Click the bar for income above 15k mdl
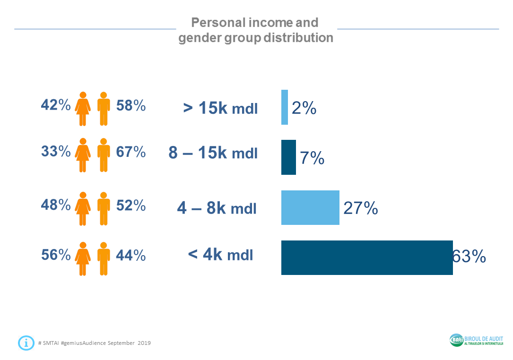(x=285, y=107)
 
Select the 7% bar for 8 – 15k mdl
(x=288, y=157)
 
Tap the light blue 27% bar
(x=310, y=207)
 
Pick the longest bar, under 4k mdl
(x=367, y=257)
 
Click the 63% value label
(x=469, y=257)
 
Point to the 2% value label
(x=304, y=108)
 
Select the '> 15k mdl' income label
(x=220, y=108)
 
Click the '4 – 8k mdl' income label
(x=217, y=208)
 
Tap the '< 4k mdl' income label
(x=220, y=255)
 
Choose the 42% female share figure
(x=55, y=105)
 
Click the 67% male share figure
(x=131, y=152)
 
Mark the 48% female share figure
(x=55, y=205)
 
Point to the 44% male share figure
(x=131, y=255)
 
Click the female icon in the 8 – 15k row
(x=83, y=155)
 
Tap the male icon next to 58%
(x=104, y=108)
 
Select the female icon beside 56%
(x=83, y=258)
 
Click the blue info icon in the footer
(x=26, y=343)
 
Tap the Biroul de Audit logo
(x=476, y=340)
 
